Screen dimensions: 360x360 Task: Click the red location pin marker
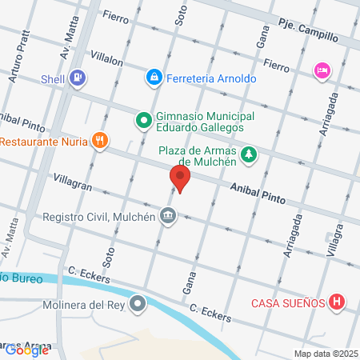click(x=180, y=178)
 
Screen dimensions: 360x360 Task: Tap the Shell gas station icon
click(x=78, y=78)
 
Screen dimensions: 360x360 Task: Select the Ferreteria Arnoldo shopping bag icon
click(x=152, y=77)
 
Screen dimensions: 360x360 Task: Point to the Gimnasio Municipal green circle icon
click(x=143, y=121)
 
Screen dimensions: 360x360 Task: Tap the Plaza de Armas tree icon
click(x=249, y=153)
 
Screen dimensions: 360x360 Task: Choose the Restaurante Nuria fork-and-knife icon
click(x=99, y=141)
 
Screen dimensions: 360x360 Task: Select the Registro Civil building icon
click(x=168, y=214)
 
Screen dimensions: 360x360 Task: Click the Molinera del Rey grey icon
click(x=139, y=304)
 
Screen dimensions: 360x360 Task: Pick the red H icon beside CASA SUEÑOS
click(x=337, y=302)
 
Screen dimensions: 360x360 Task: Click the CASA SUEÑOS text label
click(x=287, y=302)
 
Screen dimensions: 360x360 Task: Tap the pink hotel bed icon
click(x=322, y=70)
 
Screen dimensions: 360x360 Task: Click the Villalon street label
click(x=108, y=58)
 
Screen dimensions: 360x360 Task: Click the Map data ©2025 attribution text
click(x=324, y=353)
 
